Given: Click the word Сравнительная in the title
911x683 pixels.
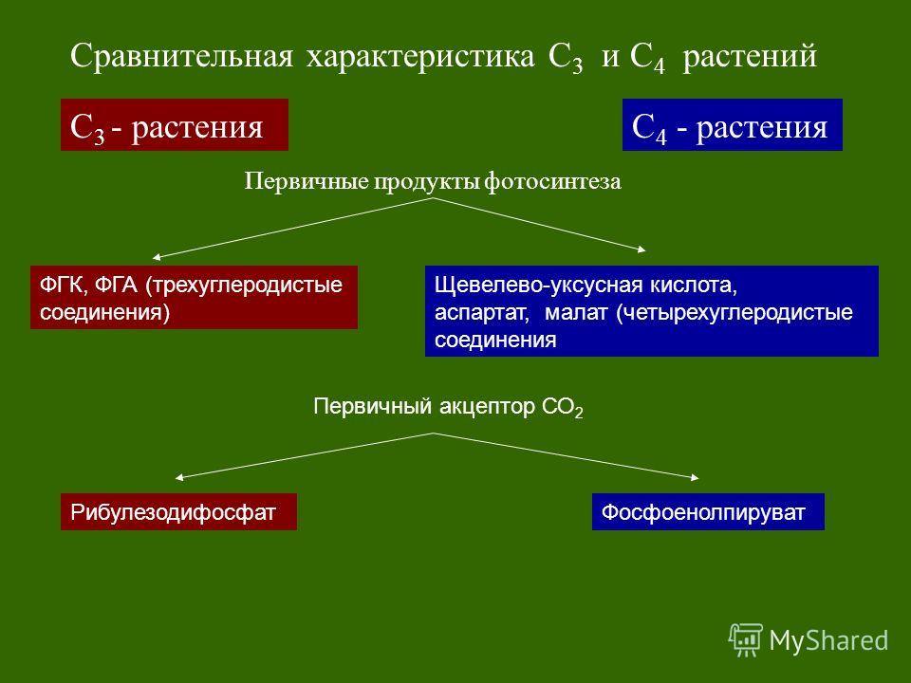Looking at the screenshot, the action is [x=181, y=56].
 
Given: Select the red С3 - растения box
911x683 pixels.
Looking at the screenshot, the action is [x=175, y=125].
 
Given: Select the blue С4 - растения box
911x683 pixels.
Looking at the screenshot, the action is [x=732, y=125].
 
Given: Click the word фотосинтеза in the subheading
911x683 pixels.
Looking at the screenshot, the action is [x=552, y=181].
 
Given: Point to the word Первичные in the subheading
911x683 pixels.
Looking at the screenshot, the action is [x=307, y=181].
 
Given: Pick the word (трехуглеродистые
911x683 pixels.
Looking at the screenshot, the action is [x=244, y=286].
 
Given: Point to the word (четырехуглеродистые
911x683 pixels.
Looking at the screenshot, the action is [x=734, y=313].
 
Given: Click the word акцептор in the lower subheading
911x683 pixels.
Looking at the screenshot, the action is [x=486, y=407].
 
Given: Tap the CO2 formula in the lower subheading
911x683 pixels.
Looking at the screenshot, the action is [x=562, y=408].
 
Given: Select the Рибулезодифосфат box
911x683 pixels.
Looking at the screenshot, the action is [x=178, y=511].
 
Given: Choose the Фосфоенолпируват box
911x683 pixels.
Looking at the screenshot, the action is [x=708, y=511].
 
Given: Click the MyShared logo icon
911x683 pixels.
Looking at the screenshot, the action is [x=746, y=639].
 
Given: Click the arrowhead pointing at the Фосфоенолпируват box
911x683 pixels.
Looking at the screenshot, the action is [x=695, y=477].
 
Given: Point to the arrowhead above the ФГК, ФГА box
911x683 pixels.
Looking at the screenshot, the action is [x=157, y=257].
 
